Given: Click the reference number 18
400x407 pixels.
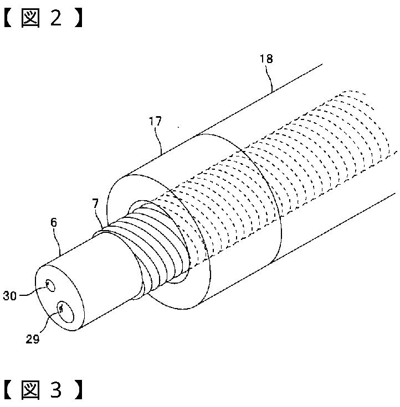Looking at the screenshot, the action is pyautogui.click(x=266, y=59).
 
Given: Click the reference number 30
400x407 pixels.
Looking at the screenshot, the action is pyautogui.click(x=9, y=296).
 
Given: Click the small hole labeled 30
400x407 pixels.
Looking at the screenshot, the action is pyautogui.click(x=50, y=285).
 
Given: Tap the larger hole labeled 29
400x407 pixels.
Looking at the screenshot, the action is pyautogui.click(x=62, y=312).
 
